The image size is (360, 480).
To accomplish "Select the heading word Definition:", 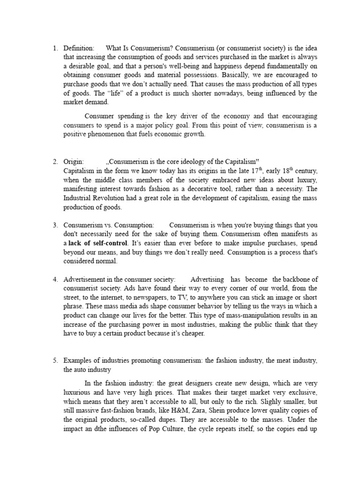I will coord(79,48).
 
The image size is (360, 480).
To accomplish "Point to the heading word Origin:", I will coord(74,161).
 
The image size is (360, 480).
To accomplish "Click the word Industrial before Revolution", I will coord(78,197).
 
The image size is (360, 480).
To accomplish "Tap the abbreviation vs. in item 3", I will coord(106,225).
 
